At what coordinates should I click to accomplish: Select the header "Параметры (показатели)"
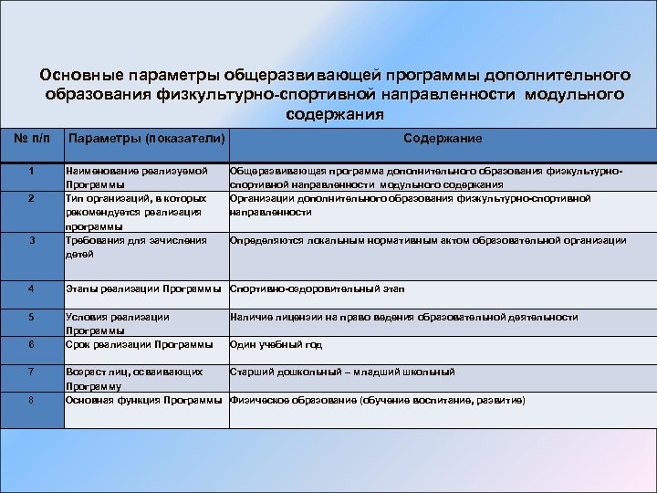coord(147,138)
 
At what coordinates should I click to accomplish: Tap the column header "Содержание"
coord(443,138)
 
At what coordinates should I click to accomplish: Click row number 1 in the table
coord(31,171)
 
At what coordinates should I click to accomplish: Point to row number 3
coord(31,241)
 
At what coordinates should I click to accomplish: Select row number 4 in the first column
coord(31,289)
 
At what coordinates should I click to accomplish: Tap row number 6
coord(31,344)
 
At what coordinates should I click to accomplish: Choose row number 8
coord(31,400)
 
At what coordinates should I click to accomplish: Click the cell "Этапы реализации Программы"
coord(145,289)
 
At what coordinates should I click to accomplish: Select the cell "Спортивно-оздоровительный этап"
coord(317,289)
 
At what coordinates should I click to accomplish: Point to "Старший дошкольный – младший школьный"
coord(342,372)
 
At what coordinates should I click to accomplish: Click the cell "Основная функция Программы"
coord(145,400)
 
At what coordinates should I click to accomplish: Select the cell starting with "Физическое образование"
coord(377,400)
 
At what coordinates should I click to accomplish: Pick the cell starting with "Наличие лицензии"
coord(403,317)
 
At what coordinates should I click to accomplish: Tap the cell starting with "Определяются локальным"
coord(428,241)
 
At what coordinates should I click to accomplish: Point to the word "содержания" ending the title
coord(334,114)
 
